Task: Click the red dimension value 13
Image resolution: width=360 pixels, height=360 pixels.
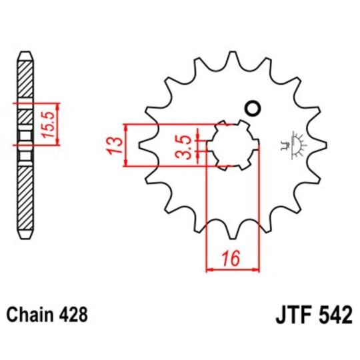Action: click(x=114, y=145)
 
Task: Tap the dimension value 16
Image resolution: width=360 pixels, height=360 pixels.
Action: click(x=231, y=257)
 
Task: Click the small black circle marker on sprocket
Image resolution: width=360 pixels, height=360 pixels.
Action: click(x=253, y=108)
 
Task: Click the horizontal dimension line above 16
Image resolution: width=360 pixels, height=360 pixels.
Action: click(x=232, y=270)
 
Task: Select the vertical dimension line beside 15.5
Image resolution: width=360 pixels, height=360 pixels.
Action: click(x=59, y=124)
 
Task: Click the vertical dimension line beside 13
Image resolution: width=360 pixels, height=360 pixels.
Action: click(x=126, y=145)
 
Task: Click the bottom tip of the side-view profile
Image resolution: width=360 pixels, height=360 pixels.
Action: click(x=25, y=237)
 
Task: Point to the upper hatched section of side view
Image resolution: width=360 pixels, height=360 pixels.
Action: click(x=25, y=80)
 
